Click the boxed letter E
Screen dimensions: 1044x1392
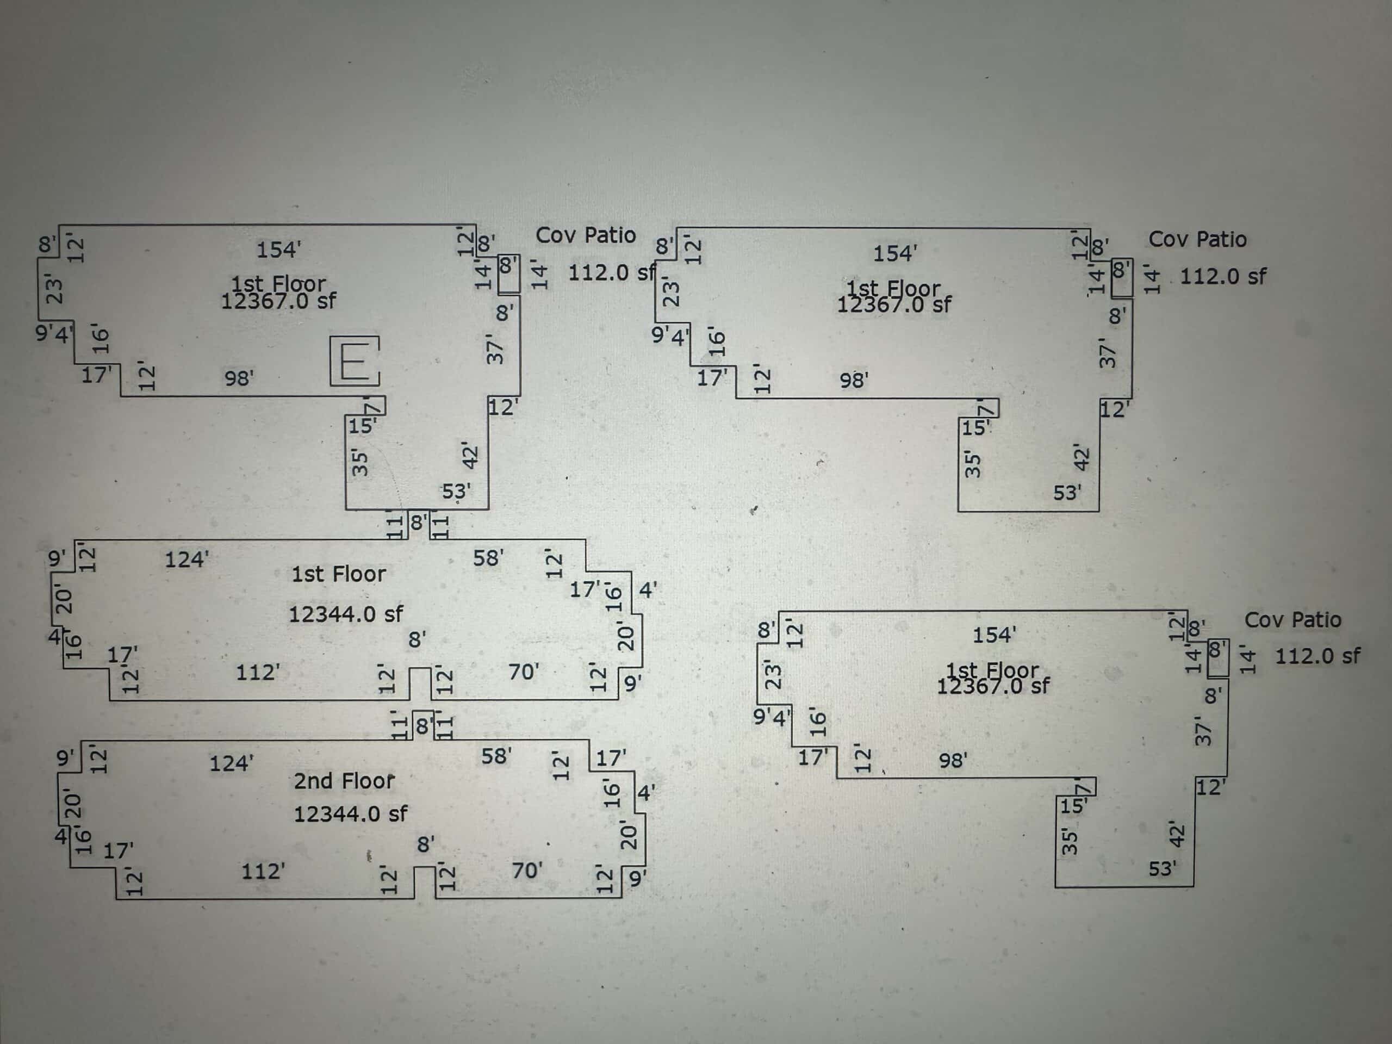[355, 361]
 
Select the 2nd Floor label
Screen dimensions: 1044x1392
[344, 781]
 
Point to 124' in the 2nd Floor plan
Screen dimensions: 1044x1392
[231, 764]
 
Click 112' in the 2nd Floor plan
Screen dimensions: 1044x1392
[263, 872]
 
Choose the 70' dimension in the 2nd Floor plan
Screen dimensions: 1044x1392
[527, 871]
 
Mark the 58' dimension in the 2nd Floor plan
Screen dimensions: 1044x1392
[496, 756]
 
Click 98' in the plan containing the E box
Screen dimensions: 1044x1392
[239, 378]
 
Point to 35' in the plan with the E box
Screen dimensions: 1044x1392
[359, 463]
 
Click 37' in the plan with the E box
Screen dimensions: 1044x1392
[495, 351]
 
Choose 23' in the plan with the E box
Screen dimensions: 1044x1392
[55, 290]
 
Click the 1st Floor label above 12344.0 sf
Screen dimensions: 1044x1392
[339, 574]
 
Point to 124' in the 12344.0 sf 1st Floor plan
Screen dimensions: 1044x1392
[187, 560]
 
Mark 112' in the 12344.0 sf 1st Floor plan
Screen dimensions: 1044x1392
[257, 673]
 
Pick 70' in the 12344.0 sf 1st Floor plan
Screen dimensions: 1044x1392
[524, 672]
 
